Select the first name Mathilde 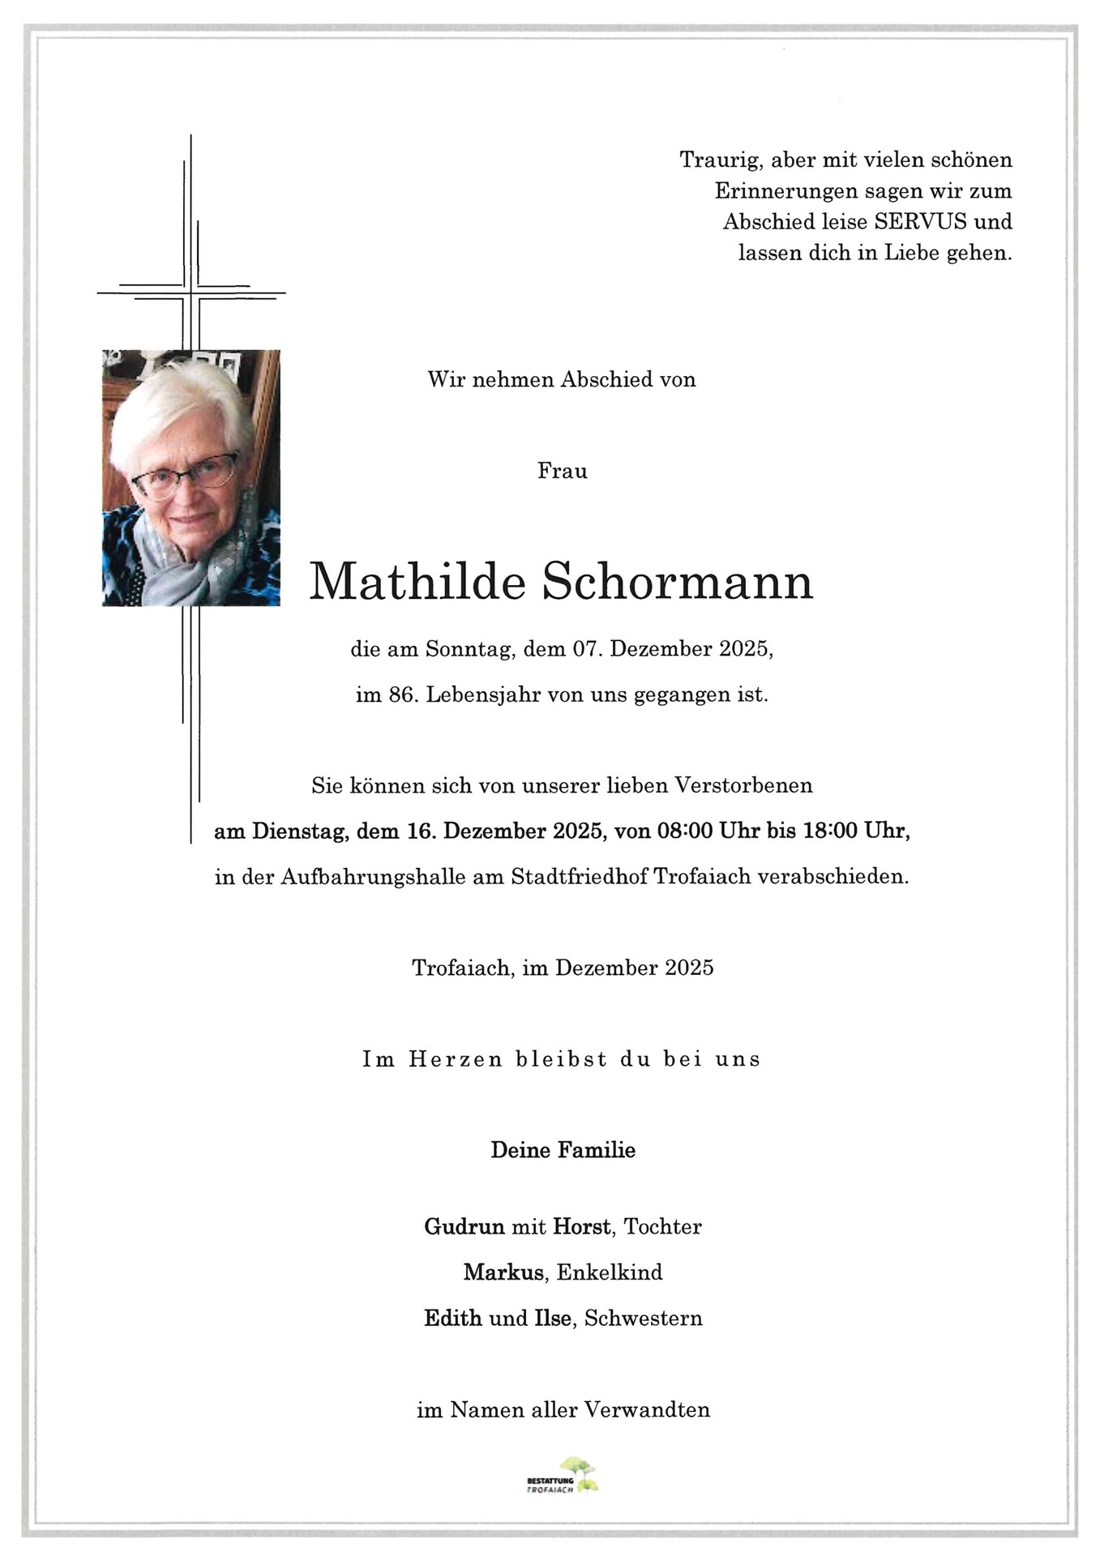(x=417, y=582)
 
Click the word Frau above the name (x=562, y=471)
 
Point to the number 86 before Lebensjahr (x=402, y=695)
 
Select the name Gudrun (x=464, y=1227)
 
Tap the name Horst (x=581, y=1227)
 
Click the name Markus (x=503, y=1272)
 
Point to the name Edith (x=453, y=1318)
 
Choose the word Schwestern (x=643, y=1318)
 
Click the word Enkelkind (x=610, y=1272)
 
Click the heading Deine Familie (x=563, y=1150)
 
